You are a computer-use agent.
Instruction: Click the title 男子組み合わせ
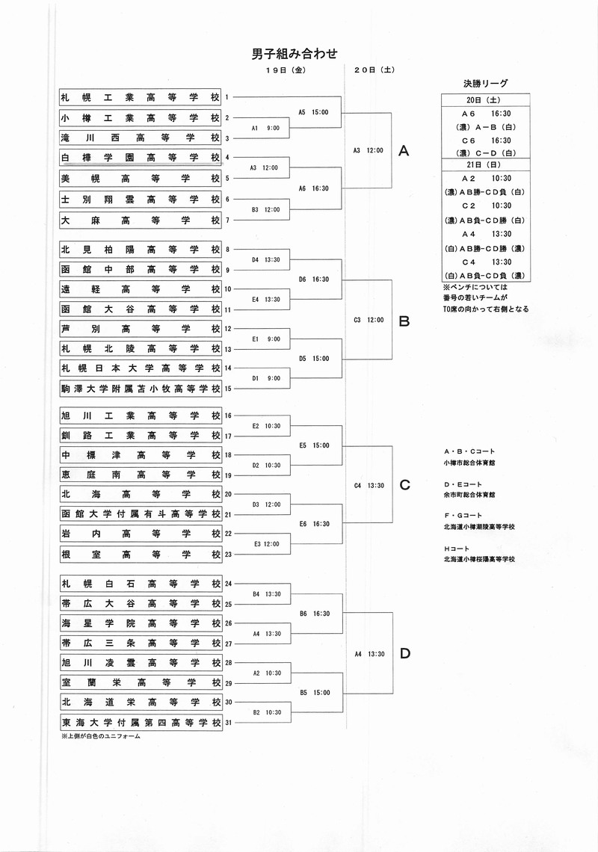pos(294,53)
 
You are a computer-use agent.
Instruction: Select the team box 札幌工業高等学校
pos(141,97)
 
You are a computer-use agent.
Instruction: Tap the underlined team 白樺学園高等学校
pos(141,158)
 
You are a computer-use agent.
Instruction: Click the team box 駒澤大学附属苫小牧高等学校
pos(141,389)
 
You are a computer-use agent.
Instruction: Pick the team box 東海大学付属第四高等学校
pos(141,723)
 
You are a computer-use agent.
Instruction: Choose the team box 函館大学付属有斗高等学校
pos(141,513)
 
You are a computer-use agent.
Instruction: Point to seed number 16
pos(228,416)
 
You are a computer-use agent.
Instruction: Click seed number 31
pos(228,723)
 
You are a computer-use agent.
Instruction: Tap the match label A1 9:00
pos(265,129)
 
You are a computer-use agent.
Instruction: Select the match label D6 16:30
pos(314,280)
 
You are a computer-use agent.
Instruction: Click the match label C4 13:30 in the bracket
pos(369,486)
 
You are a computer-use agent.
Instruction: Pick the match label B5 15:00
pos(315,693)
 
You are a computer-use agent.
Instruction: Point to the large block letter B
pos(404,321)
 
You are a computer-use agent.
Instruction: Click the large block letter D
pos(404,654)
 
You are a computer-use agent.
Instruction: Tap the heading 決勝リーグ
pos(485,83)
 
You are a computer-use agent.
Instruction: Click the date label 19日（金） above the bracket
pos(286,70)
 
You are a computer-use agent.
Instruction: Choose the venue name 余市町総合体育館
pos(469,495)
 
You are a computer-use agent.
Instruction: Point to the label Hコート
pos(455,549)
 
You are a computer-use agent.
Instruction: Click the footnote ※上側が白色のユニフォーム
pos(101,737)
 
